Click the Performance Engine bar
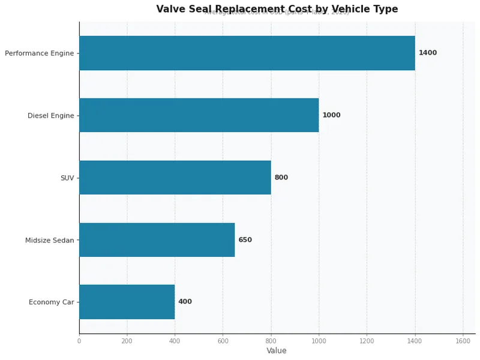(x=247, y=53)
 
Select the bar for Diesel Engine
(x=199, y=115)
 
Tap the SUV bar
(x=175, y=178)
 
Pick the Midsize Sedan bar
(x=157, y=240)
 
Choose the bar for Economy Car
(x=127, y=302)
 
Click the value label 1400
(x=428, y=53)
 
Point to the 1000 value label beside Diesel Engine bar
(x=331, y=115)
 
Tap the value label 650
(x=245, y=240)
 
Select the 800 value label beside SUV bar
(x=281, y=178)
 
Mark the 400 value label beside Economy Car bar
(x=185, y=302)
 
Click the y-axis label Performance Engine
(x=40, y=53)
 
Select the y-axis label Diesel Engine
(x=51, y=116)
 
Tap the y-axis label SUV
(x=67, y=178)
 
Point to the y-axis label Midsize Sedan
(x=50, y=241)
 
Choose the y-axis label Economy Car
(x=52, y=302)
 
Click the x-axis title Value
(x=277, y=351)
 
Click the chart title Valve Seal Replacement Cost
(x=277, y=9)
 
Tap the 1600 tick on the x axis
(x=463, y=341)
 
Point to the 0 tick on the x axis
(x=79, y=341)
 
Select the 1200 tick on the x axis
(x=367, y=341)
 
